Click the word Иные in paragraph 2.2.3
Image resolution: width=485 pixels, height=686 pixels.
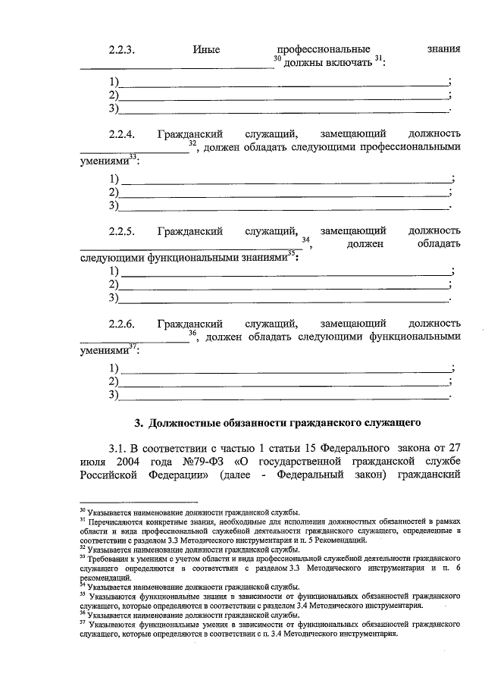pyautogui.click(x=206, y=50)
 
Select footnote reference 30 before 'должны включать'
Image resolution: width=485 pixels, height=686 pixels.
pyautogui.click(x=277, y=58)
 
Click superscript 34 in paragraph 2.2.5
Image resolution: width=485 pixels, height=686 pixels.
pyautogui.click(x=305, y=240)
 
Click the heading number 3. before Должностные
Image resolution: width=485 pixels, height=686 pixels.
pyautogui.click(x=139, y=422)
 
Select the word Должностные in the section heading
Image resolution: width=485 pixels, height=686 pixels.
pyautogui.click(x=186, y=422)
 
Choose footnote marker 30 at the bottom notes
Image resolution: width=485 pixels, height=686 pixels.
pyautogui.click(x=83, y=512)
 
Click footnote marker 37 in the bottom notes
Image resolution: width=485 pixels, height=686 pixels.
pyautogui.click(x=83, y=624)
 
